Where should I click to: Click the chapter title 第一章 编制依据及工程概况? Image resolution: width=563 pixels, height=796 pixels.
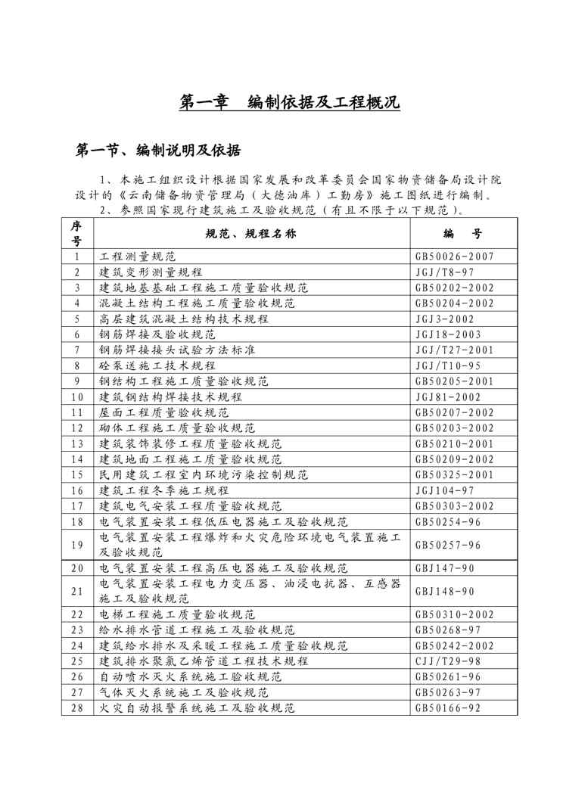[x=289, y=103]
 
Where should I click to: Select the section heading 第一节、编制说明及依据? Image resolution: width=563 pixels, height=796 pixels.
[x=159, y=151]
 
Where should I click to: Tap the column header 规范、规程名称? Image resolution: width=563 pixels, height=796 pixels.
[x=250, y=233]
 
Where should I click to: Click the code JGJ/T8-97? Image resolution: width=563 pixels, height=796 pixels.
[x=443, y=272]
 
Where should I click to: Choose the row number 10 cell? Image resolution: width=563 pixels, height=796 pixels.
[x=76, y=396]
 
